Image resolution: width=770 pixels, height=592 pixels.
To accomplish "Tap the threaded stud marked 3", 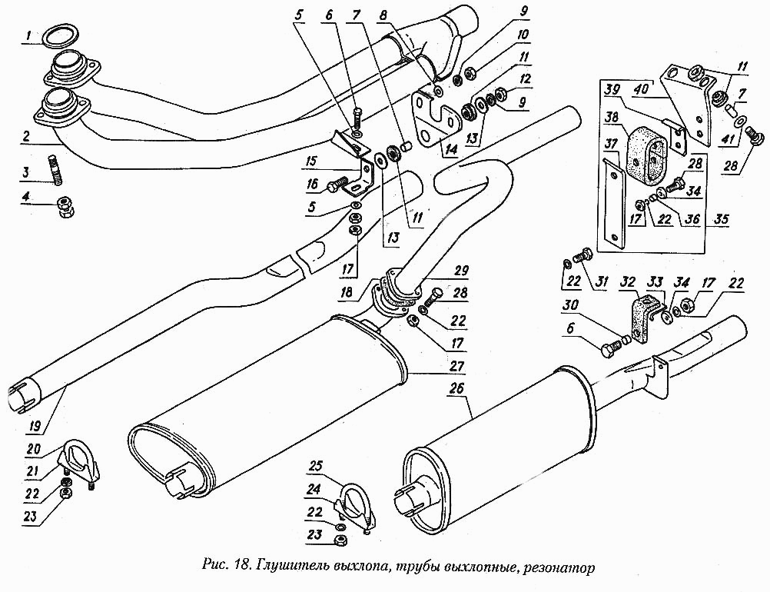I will [x=56, y=170].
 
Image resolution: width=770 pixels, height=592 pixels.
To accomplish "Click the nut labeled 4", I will [x=65, y=206].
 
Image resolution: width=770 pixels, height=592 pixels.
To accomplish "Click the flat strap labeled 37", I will [x=613, y=201].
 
